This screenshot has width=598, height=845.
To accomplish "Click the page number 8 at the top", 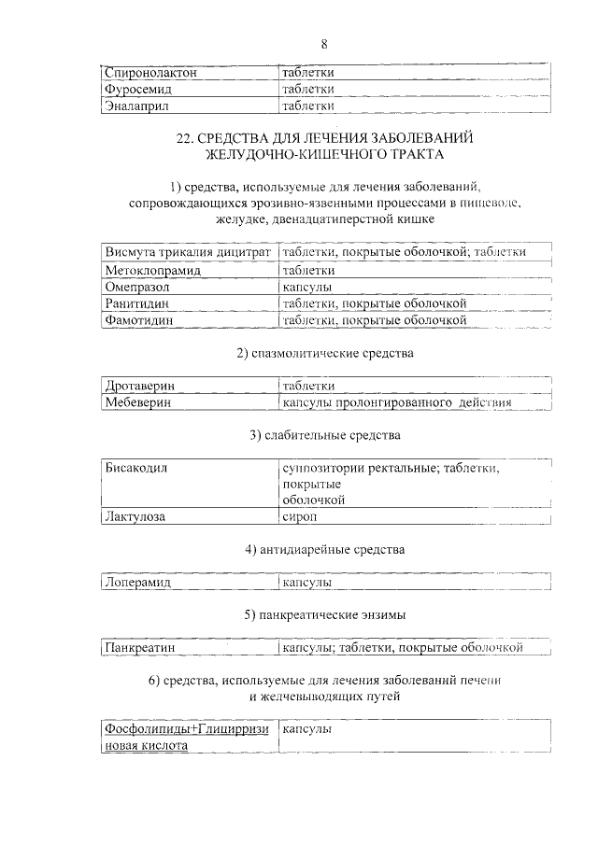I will (x=323, y=44).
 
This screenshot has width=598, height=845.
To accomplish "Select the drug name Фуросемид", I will (x=139, y=90).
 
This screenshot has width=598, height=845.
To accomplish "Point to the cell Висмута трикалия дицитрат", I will (x=188, y=252).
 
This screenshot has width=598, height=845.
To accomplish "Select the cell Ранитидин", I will (x=139, y=303).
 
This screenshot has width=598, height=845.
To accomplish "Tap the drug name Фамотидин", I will (x=140, y=320).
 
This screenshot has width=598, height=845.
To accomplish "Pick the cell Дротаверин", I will (x=140, y=386).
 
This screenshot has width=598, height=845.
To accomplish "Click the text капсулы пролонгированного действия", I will (x=397, y=403).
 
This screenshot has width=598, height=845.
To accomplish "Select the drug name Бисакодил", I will (x=136, y=468).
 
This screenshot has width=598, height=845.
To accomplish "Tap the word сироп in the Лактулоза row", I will (x=300, y=517).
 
